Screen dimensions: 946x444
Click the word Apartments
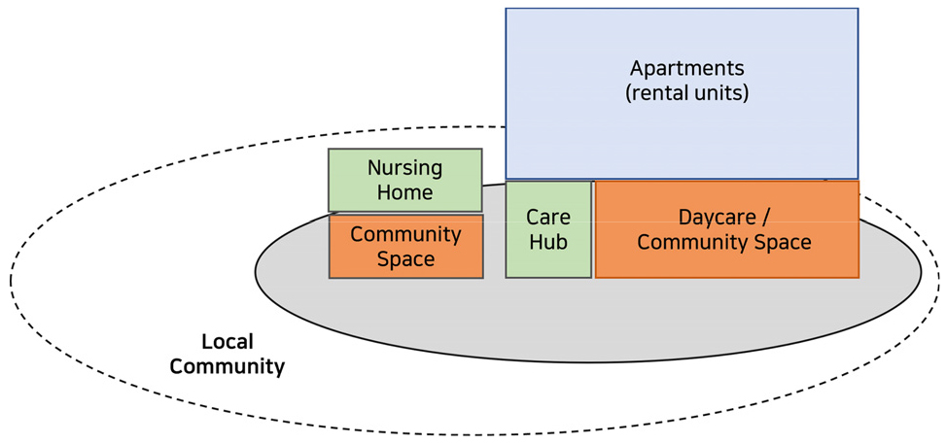click(x=686, y=68)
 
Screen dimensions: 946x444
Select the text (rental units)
click(x=686, y=94)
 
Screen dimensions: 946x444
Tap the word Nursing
click(x=404, y=168)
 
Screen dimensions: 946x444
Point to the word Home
click(x=404, y=192)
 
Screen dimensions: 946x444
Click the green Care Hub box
click(x=548, y=229)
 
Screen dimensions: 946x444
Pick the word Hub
click(x=548, y=243)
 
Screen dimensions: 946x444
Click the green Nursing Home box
click(x=404, y=181)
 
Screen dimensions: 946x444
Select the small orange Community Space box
click(x=406, y=246)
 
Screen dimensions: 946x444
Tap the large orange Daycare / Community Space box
click(x=727, y=229)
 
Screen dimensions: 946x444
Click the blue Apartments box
click(x=682, y=93)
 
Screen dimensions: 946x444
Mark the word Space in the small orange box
click(x=405, y=259)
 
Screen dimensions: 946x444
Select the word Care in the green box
click(x=548, y=217)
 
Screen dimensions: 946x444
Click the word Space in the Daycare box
click(x=782, y=243)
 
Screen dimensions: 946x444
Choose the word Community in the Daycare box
click(x=692, y=243)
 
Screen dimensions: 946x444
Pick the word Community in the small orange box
click(x=405, y=234)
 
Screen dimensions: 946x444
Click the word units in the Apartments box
click(x=720, y=94)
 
